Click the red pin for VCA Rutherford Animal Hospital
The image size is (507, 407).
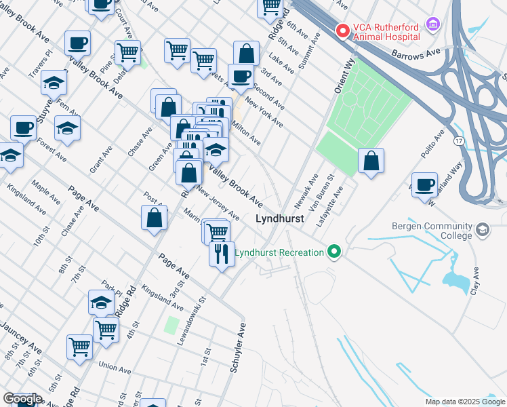[343, 31]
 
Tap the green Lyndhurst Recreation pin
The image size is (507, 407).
[333, 252]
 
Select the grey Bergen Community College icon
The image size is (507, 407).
[483, 231]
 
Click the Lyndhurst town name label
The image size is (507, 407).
[279, 220]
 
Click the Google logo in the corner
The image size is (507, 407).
[22, 399]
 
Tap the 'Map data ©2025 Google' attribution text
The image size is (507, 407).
[464, 402]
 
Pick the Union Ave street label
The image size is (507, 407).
[115, 366]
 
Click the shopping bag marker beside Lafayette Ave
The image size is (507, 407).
[371, 161]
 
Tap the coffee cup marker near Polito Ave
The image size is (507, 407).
[425, 185]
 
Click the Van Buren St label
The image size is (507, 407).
[323, 193]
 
